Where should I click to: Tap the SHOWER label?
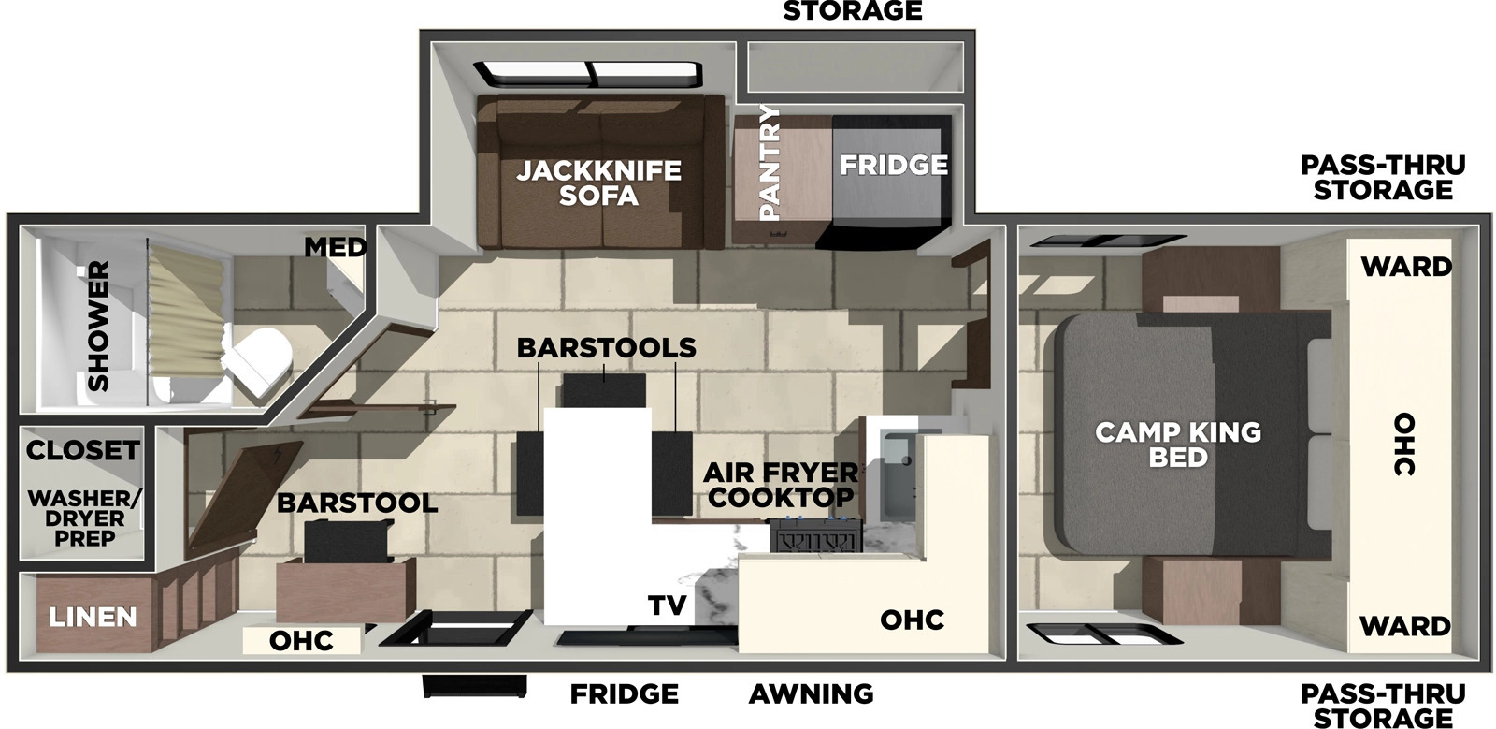tap(99, 326)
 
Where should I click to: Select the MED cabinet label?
tap(336, 248)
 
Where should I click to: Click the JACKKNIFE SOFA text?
tap(599, 183)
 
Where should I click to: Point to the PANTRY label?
tap(770, 163)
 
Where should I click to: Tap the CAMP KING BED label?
tap(1179, 445)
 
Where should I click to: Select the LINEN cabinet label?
tap(93, 617)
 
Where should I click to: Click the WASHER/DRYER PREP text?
tap(84, 518)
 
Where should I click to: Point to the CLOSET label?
tap(83, 450)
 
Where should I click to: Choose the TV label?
tap(668, 605)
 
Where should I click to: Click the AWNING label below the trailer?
tap(811, 694)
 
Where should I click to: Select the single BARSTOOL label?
tap(357, 503)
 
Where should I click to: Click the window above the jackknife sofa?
tap(588, 74)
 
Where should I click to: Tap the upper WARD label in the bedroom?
tap(1406, 267)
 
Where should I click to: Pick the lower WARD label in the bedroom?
tap(1405, 626)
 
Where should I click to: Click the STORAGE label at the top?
tap(852, 10)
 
